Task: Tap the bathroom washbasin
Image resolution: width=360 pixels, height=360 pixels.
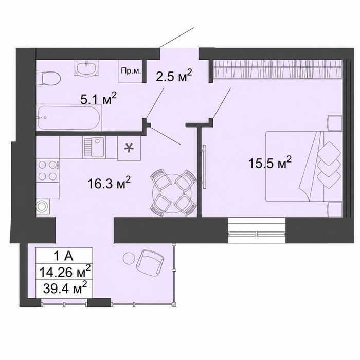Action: [86, 68]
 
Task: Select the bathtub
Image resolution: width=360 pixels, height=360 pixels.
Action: [69, 117]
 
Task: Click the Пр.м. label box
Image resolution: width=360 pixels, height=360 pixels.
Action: [131, 71]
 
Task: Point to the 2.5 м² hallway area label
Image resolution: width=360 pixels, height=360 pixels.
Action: [174, 76]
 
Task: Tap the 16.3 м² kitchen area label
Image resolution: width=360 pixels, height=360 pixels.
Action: [109, 183]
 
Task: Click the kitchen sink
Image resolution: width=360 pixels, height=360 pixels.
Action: [94, 147]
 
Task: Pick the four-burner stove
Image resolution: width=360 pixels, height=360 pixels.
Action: [48, 170]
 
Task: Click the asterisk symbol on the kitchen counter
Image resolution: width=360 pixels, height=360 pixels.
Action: [129, 148]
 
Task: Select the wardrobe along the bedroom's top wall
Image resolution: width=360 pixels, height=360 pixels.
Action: [277, 69]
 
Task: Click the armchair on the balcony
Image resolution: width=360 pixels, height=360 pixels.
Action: [150, 263]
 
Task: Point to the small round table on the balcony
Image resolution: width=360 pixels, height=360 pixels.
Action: [129, 259]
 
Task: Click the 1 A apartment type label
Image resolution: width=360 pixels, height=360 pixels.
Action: [64, 256]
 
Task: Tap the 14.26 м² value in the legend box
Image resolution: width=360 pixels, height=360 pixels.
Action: [65, 272]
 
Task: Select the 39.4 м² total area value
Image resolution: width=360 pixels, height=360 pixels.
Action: [65, 287]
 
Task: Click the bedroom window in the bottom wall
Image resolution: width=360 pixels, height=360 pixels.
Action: [257, 230]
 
